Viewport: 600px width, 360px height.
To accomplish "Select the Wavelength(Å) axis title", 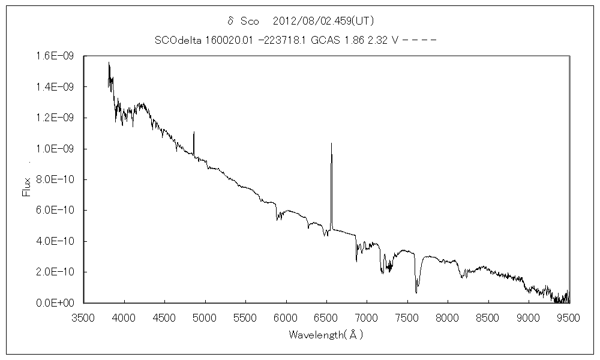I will tap(326, 334).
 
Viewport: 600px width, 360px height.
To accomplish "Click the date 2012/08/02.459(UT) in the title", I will tap(323, 21).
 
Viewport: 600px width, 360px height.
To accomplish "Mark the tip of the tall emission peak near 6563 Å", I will tap(331, 143).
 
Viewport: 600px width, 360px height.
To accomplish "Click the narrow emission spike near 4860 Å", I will tap(194, 133).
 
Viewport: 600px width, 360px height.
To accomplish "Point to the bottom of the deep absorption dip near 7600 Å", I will tap(416, 292).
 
